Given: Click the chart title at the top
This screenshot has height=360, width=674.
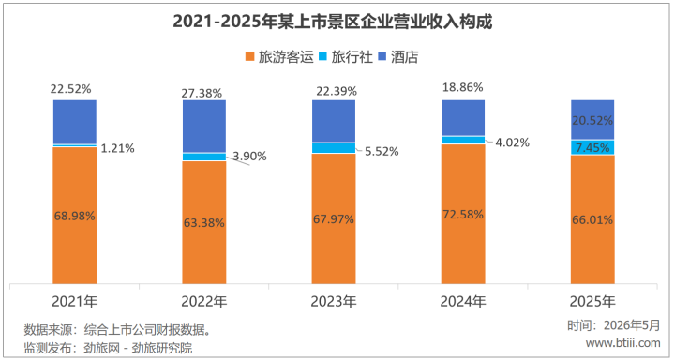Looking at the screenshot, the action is tap(332, 22).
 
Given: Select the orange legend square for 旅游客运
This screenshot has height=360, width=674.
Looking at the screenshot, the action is tap(249, 57).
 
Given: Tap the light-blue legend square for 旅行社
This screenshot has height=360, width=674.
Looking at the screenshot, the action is tap(322, 57).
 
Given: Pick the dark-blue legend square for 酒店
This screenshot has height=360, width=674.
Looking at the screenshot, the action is tap(382, 57).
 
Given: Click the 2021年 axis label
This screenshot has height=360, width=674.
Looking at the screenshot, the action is tap(75, 302).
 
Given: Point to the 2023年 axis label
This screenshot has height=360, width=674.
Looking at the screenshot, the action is tap(334, 302).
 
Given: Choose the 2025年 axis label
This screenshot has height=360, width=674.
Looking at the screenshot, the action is tap(592, 302).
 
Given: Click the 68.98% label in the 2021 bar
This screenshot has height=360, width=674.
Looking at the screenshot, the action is tap(75, 216).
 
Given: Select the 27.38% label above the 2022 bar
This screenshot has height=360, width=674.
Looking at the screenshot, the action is tap(202, 93).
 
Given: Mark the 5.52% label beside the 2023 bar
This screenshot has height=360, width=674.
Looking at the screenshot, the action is tap(381, 151).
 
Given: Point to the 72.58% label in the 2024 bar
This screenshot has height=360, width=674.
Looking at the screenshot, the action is tap(463, 214).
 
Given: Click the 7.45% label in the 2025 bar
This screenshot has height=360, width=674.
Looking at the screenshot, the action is tap(592, 148).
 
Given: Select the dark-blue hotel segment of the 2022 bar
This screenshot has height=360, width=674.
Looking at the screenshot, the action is tap(204, 127).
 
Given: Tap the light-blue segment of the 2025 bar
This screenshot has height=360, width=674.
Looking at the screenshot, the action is tap(592, 147).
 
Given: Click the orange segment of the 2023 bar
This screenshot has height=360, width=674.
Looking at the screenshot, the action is tap(334, 218).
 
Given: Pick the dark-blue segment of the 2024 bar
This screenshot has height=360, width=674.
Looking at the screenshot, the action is tap(463, 118).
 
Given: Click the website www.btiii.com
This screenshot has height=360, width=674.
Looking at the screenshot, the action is tap(622, 343).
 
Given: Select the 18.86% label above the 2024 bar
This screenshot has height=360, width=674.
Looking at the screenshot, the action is tap(462, 87).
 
